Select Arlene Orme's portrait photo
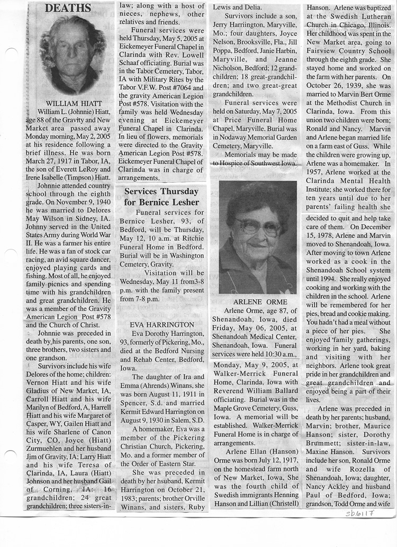pyautogui.click(x=257, y=237)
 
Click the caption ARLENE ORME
pyautogui.click(x=257, y=301)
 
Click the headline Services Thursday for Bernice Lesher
pyautogui.click(x=161, y=196)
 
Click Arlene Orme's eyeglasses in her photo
pyautogui.click(x=258, y=227)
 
